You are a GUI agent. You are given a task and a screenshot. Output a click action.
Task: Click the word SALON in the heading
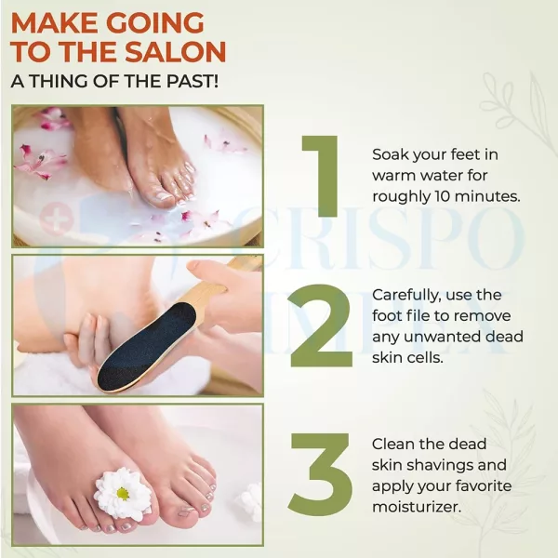coord(176,52)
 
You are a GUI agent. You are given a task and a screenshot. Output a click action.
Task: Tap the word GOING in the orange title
coord(155,23)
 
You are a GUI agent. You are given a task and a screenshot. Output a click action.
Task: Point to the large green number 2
coord(322,325)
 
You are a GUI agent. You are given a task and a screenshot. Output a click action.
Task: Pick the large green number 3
coord(322,474)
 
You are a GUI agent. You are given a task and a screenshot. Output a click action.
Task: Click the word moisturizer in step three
coord(417,507)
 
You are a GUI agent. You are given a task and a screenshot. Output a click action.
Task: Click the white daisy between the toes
coord(122,493)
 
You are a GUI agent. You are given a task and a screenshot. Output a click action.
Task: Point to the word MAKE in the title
coord(55,23)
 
